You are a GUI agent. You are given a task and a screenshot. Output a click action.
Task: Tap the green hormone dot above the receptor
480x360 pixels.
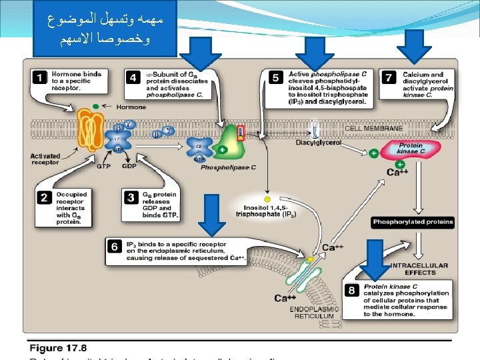pos(96,106)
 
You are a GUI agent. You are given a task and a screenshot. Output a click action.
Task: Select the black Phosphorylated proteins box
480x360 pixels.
pos(413,222)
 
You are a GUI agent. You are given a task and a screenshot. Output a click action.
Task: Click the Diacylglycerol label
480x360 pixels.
pos(319,142)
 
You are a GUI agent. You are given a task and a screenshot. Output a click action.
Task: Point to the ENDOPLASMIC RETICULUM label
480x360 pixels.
pos(314,313)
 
